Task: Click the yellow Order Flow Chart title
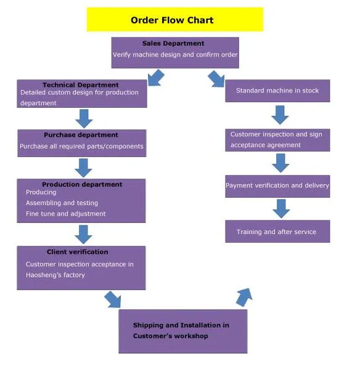(174, 20)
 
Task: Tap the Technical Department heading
(81, 85)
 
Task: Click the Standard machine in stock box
(277, 91)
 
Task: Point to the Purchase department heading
(81, 135)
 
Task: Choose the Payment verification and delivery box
(277, 185)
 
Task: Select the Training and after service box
(277, 232)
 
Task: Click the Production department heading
(82, 184)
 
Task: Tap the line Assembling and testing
(62, 203)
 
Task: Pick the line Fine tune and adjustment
(65, 214)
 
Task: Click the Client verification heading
(77, 252)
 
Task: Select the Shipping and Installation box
(182, 331)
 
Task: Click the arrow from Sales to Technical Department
(156, 78)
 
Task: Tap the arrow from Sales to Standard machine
(216, 78)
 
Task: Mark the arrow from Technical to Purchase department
(83, 118)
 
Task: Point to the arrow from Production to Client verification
(83, 233)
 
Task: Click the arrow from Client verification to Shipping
(112, 299)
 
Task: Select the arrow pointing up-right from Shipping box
(244, 297)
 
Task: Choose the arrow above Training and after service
(281, 208)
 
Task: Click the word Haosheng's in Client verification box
(44, 275)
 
